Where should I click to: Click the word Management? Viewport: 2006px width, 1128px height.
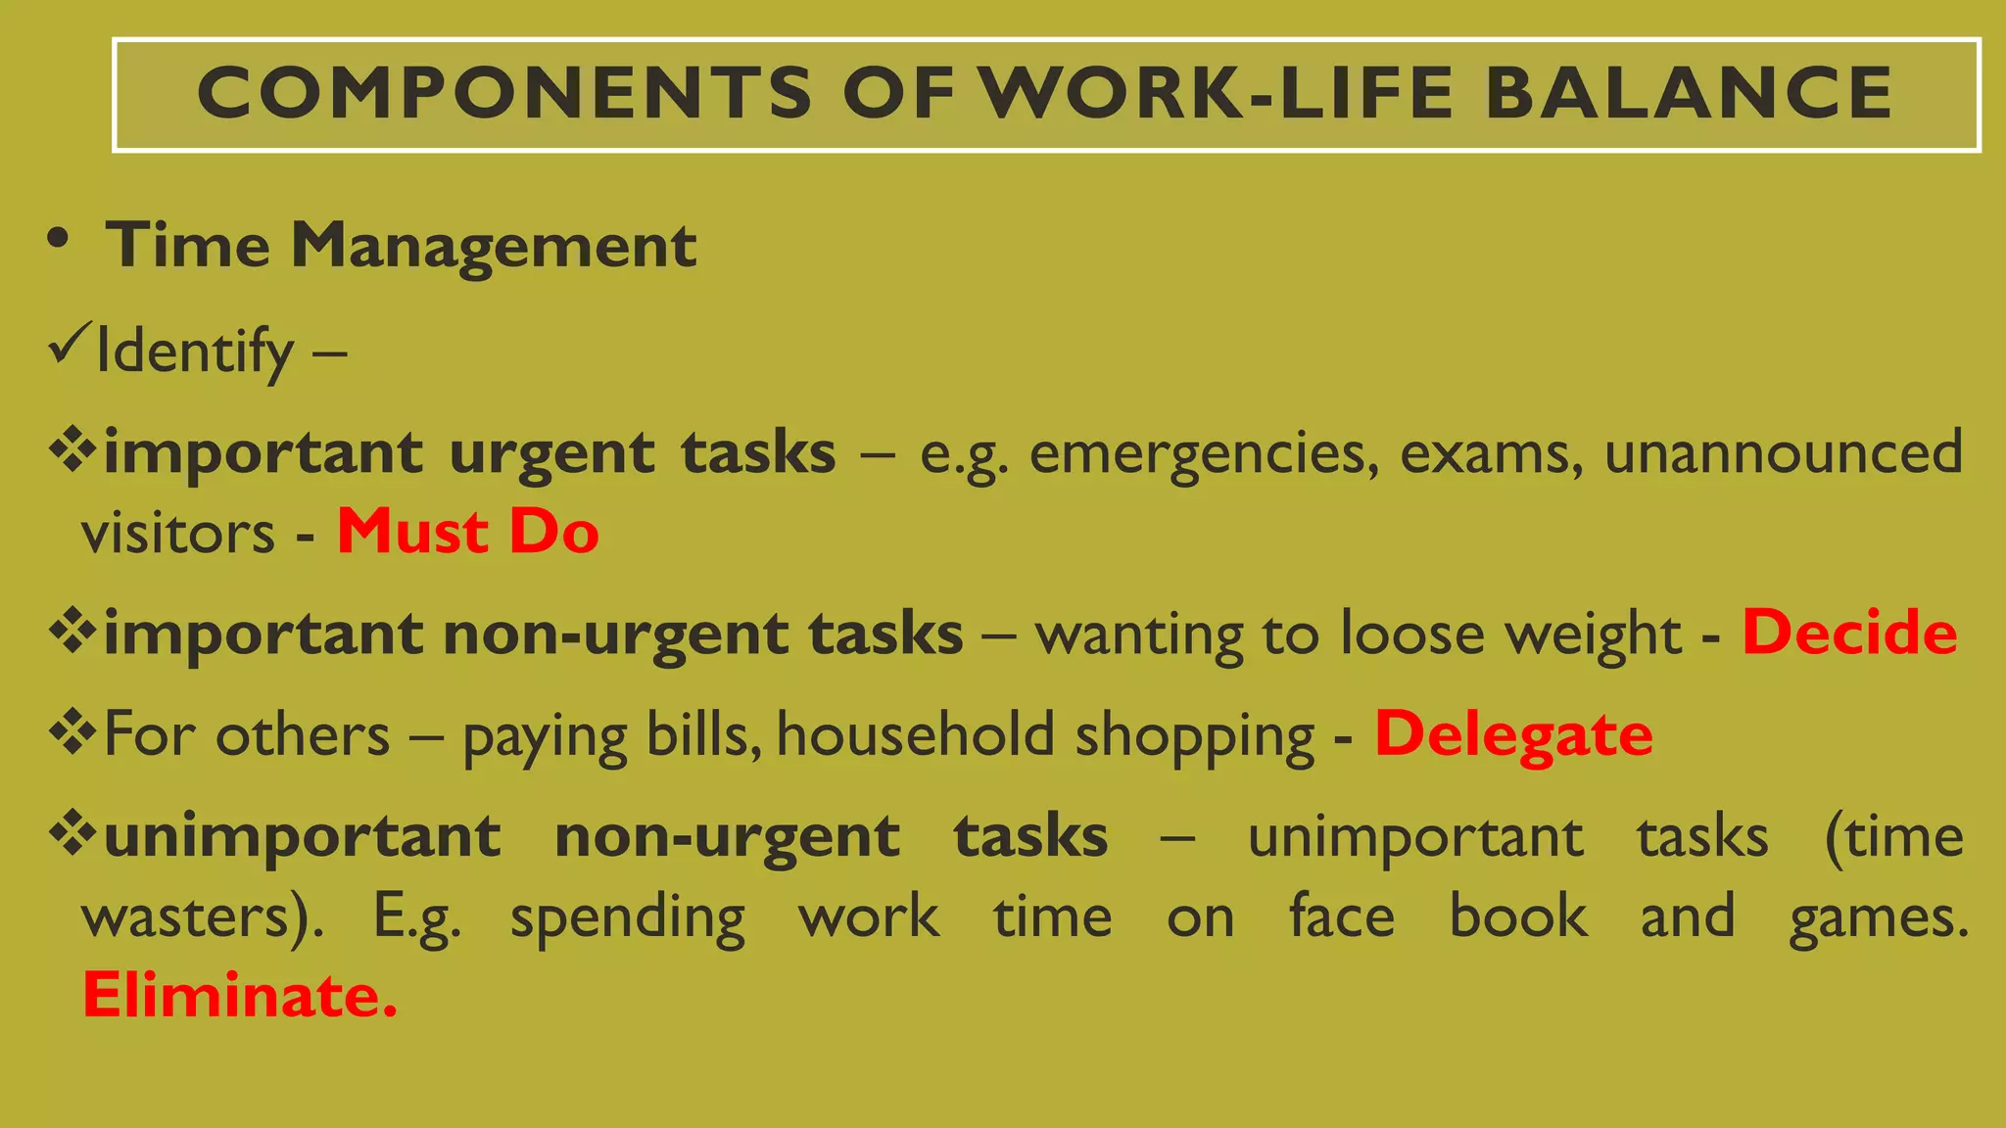tap(494, 245)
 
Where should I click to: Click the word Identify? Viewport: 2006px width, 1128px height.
tap(195, 352)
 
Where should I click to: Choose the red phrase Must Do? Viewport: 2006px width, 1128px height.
tap(467, 533)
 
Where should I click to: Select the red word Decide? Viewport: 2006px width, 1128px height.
tap(1849, 633)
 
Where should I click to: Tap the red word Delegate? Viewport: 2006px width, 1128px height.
tap(1513, 734)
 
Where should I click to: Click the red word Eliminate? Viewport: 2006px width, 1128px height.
tap(240, 996)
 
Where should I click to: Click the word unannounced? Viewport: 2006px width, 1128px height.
tap(1784, 452)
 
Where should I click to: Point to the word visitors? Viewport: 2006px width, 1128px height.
tap(178, 535)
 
